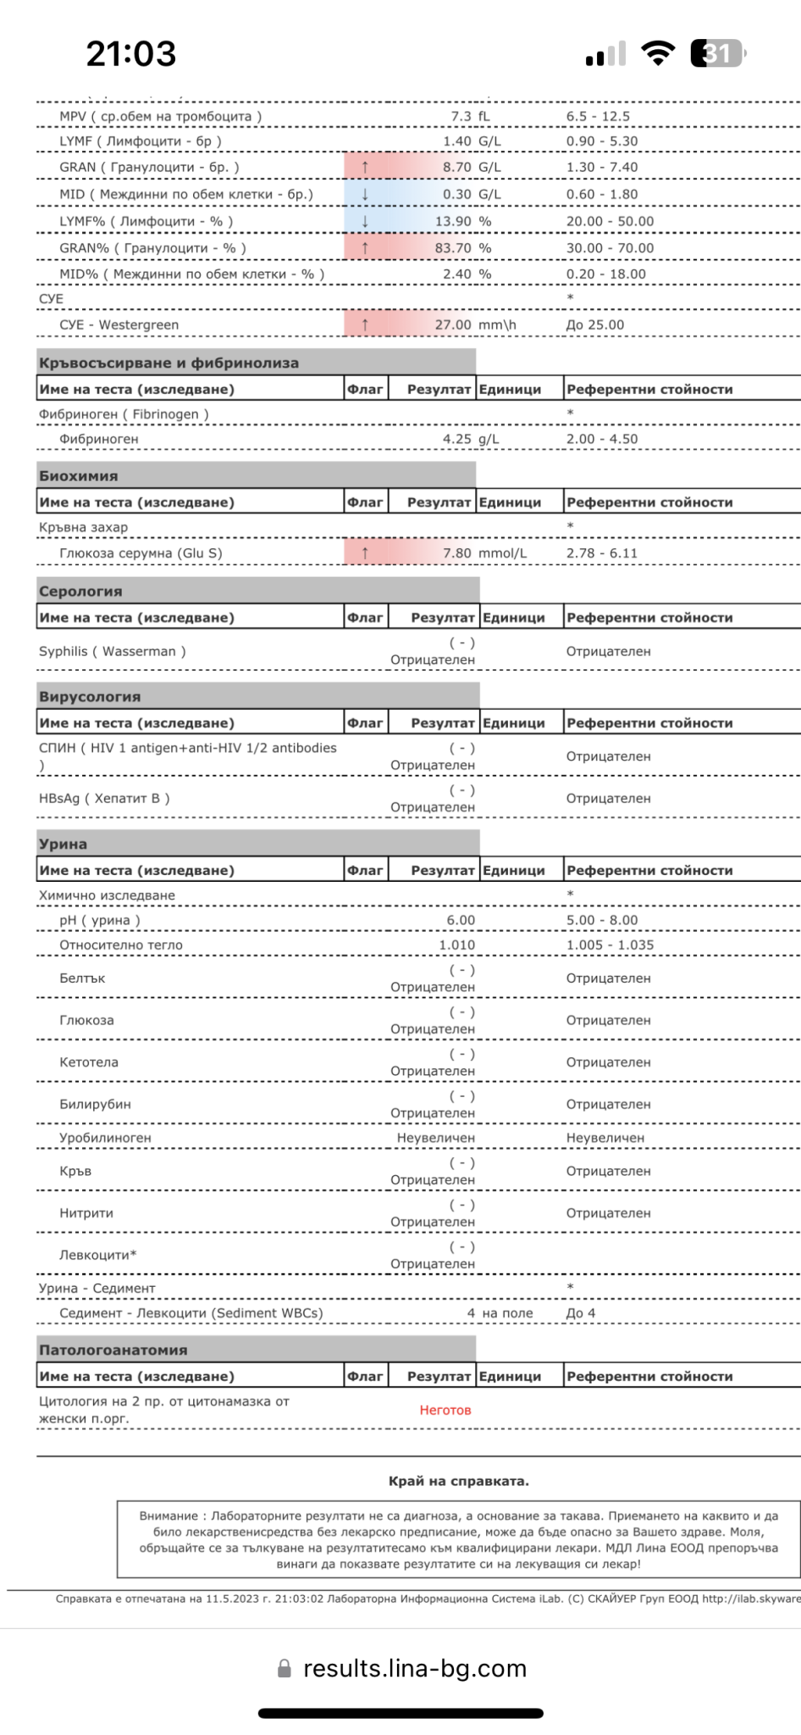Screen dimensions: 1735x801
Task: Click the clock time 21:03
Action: pos(131,54)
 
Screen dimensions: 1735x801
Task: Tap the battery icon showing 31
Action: pos(717,53)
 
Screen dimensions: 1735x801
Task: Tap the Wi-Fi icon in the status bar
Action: pos(658,53)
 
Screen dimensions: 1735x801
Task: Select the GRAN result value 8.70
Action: pos(457,168)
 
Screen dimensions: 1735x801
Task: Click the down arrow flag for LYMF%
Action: pos(365,221)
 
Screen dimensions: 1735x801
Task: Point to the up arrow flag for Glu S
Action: pos(365,553)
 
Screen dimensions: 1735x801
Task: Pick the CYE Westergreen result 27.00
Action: pos(453,325)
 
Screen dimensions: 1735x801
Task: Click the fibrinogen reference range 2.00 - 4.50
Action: pos(602,439)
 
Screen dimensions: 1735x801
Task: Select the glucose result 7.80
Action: pos(457,553)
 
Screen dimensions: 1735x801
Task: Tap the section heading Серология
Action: pos(80,591)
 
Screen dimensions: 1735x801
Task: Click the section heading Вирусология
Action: pos(90,696)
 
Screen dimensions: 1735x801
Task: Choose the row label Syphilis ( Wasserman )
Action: pos(112,651)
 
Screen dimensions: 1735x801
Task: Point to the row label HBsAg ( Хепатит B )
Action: pos(104,798)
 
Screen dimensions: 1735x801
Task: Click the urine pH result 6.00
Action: pos(461,920)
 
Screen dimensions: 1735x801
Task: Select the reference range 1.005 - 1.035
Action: pos(610,945)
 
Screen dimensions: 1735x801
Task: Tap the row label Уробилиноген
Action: pos(105,1138)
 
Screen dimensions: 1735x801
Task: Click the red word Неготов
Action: pos(445,1411)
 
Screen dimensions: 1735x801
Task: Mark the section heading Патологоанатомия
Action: pos(113,1350)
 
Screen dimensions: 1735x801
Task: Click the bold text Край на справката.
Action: pos(458,1481)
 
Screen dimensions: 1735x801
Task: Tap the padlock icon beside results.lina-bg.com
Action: pos(284,1668)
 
